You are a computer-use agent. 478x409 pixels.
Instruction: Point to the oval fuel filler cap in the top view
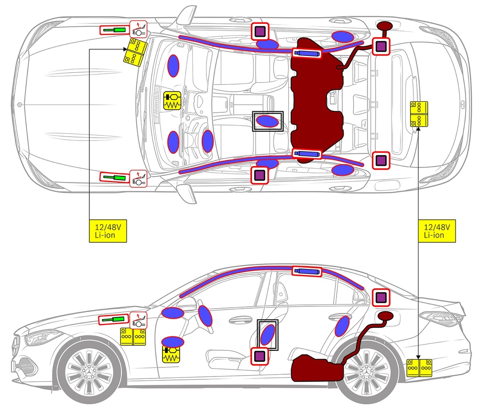pyautogui.click(x=385, y=26)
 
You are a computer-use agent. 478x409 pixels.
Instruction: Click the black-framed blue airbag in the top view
pyautogui.click(x=268, y=121)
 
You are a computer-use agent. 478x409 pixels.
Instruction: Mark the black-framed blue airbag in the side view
pyautogui.click(x=268, y=334)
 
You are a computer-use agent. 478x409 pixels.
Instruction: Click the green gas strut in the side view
pyautogui.click(x=114, y=319)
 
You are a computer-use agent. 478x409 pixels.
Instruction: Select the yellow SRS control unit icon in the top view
pyautogui.click(x=173, y=101)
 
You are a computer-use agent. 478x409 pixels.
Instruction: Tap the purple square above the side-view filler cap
pyautogui.click(x=381, y=298)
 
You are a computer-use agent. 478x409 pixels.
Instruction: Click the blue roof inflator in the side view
pyautogui.click(x=306, y=271)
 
